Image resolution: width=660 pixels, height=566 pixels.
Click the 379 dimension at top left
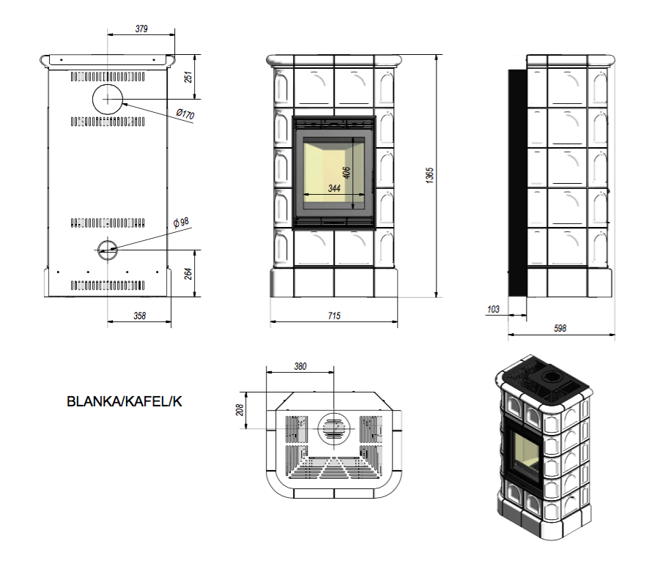[x=142, y=29]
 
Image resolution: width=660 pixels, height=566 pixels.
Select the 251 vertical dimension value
[x=188, y=77]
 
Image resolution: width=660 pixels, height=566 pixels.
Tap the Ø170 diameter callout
[x=185, y=115]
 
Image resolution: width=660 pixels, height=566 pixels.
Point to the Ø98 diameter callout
[x=181, y=222]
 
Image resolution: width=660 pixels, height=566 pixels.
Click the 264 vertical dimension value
[x=188, y=273]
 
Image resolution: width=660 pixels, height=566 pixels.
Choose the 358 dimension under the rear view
[x=140, y=316]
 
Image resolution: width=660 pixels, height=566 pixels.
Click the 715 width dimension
[x=333, y=316]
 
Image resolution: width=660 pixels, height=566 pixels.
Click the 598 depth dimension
[x=560, y=329]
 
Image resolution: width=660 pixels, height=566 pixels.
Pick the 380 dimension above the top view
[x=300, y=366]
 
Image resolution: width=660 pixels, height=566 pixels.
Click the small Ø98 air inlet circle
[x=107, y=248]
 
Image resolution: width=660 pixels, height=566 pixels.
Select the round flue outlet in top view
[x=333, y=425]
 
